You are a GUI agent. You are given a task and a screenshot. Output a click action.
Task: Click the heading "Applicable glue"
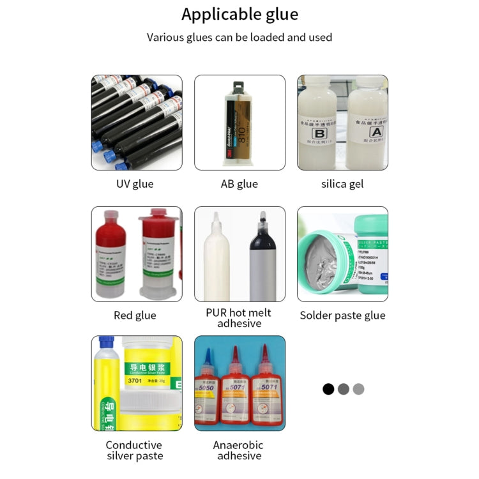coord(240,14)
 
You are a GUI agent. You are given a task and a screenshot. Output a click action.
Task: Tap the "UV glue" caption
coord(135,184)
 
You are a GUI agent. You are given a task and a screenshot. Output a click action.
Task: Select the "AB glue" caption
coord(240,184)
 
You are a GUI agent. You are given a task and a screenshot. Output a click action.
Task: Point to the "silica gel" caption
coord(342,184)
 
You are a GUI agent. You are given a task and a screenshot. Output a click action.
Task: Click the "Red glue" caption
coord(135,316)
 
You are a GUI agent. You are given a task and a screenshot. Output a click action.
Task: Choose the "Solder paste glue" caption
coord(342,316)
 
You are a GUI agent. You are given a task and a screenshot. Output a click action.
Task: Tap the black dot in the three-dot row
coord(328,389)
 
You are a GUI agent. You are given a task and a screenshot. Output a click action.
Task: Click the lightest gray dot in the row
coord(358,389)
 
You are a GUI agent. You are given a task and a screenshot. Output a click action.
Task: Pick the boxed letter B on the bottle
coord(320,133)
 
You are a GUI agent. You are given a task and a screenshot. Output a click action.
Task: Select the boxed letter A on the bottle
coord(376,133)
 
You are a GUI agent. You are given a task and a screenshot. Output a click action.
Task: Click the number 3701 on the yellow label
coord(135,381)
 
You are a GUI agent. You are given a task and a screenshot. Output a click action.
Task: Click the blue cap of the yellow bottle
coord(105,344)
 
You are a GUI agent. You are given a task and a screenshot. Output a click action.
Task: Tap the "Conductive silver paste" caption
coord(135,450)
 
